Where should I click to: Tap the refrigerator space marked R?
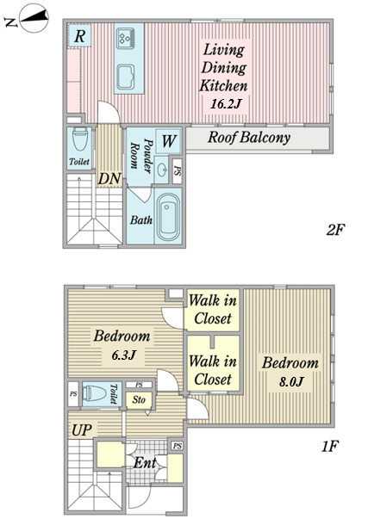tap(79, 35)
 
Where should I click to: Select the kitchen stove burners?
tap(125, 37)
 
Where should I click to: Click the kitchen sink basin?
tap(125, 77)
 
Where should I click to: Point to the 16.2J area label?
tap(226, 104)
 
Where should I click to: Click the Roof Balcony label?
tap(249, 138)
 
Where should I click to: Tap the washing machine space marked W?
tap(169, 141)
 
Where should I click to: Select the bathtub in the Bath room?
tap(168, 217)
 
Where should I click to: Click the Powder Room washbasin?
tap(162, 170)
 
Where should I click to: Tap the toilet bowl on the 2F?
tap(80, 139)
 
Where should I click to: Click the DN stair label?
tap(109, 179)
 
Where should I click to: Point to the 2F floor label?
tap(335, 230)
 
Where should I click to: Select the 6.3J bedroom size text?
tap(124, 355)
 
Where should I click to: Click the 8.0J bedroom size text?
tap(291, 381)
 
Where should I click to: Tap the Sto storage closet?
tap(139, 400)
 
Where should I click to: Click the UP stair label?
tap(81, 430)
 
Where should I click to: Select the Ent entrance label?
tap(145, 463)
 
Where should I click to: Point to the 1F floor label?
tap(330, 447)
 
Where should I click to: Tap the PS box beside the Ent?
tap(178, 446)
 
